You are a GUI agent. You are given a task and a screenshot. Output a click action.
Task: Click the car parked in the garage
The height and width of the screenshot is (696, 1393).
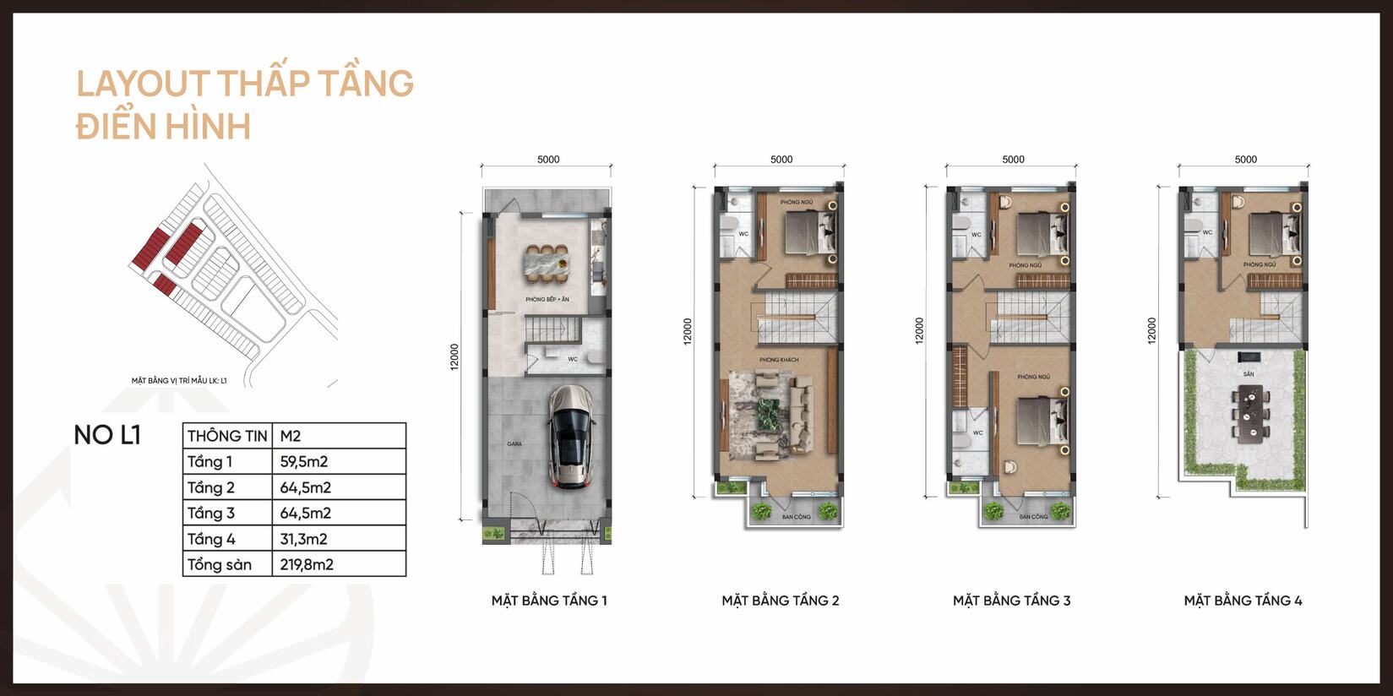coord(569,437)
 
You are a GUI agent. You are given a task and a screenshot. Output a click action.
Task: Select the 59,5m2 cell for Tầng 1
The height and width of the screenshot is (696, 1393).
coord(305,462)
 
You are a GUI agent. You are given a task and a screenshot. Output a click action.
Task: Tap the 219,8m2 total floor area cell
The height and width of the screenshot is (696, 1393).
coord(307,565)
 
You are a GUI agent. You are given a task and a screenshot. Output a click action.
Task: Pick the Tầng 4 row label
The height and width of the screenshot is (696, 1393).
coord(211,539)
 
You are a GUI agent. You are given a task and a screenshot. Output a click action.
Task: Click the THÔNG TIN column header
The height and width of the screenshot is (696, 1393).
coord(226,436)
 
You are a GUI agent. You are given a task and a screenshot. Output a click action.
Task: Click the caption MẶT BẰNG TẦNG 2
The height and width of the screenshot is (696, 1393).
coord(780,601)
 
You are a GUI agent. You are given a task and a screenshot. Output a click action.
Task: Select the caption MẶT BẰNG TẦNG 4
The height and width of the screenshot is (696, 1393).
coord(1243,601)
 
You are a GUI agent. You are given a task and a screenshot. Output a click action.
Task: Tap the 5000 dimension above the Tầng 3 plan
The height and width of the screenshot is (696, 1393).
coord(1013,160)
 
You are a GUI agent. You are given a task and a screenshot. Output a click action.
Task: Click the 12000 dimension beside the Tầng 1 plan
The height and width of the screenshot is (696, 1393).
coord(454,356)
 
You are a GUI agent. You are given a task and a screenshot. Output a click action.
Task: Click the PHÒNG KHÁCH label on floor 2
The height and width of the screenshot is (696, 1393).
coord(778,360)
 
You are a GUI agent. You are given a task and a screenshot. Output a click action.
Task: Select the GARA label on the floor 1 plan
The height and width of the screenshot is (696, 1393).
coord(514,443)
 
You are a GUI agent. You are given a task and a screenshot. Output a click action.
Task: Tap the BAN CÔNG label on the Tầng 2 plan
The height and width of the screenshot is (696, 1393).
coord(796,517)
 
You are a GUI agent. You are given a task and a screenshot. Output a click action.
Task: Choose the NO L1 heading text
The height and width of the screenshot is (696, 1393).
coord(106,435)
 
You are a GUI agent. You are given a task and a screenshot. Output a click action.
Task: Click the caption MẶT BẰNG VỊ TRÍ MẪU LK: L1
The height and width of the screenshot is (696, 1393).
coord(179,381)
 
